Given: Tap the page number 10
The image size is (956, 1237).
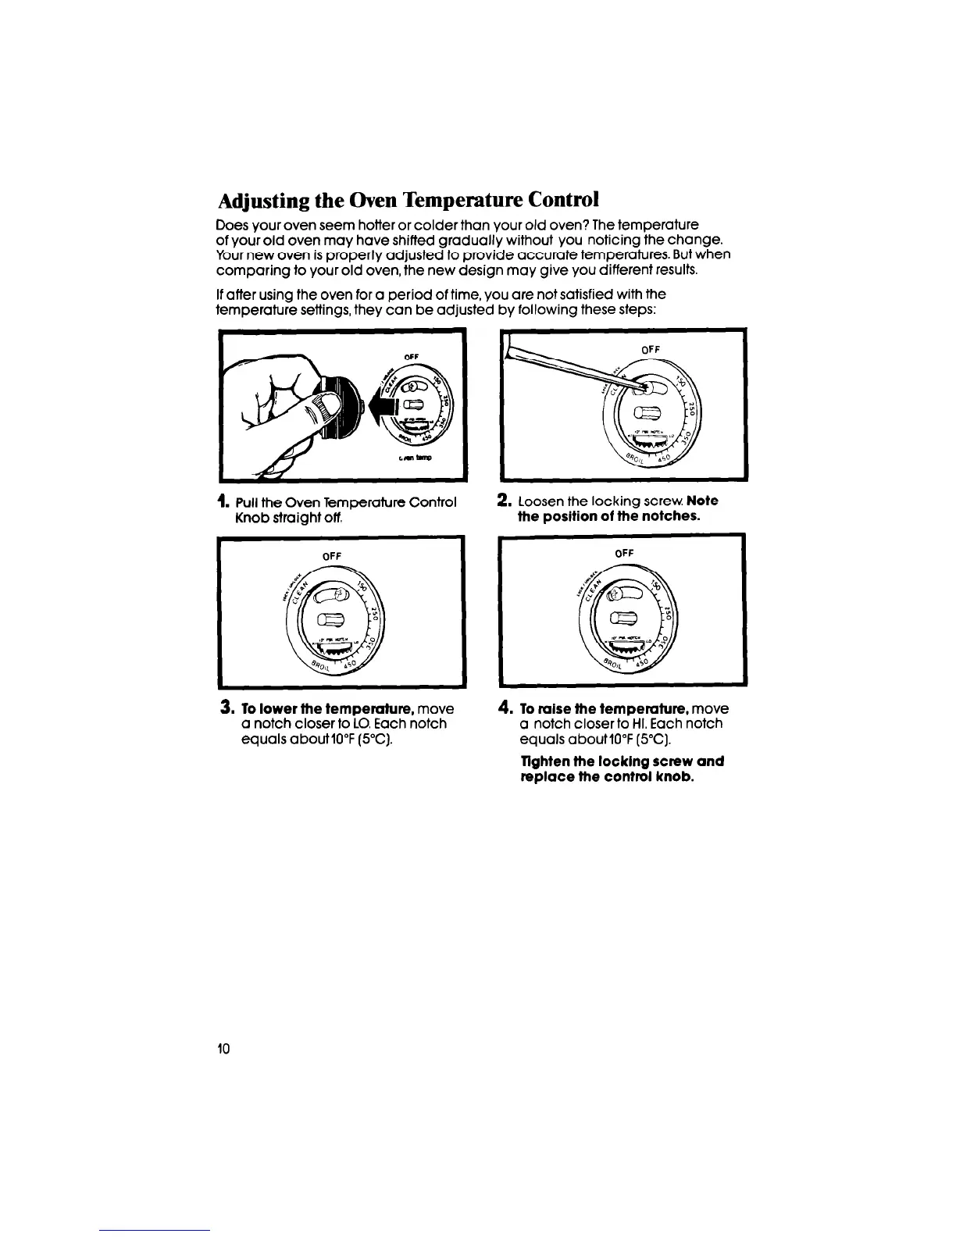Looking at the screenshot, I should (223, 1049).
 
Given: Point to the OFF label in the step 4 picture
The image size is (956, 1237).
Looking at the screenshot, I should (625, 553).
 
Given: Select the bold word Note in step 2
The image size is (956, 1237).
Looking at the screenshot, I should (705, 501).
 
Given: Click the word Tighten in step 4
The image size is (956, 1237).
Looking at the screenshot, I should (543, 761).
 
